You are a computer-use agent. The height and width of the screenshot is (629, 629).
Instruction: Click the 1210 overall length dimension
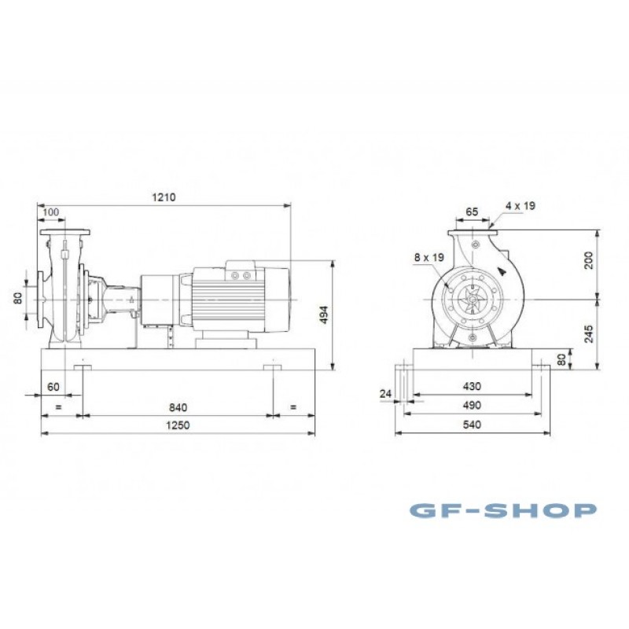pos(164,197)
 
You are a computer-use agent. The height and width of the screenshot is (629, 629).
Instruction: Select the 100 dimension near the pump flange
pos(50,212)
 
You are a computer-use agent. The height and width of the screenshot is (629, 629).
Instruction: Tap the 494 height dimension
pos(324,315)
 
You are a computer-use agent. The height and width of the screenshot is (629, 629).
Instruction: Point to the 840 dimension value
pos(178,407)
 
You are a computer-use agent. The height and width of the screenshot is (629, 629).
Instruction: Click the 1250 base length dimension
pos(178,425)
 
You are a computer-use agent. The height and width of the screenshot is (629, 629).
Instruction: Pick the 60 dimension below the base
pos(53,387)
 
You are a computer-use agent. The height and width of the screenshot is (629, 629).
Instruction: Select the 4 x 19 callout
pos(520,206)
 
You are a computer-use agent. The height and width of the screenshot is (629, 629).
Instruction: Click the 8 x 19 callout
pos(429,257)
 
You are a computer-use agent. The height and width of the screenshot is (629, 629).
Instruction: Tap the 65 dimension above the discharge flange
pos(473,212)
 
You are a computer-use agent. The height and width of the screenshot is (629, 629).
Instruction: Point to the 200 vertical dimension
pos(588,260)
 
